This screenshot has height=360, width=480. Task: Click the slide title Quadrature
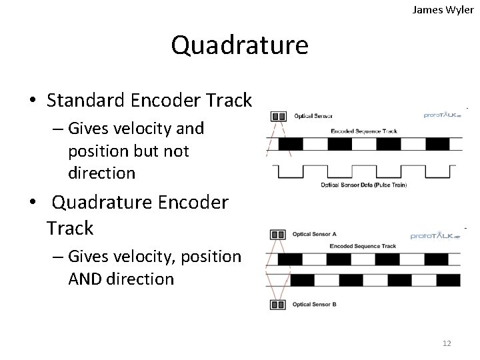(x=239, y=45)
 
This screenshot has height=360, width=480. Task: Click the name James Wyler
(x=443, y=9)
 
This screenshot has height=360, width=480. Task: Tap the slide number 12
(x=447, y=343)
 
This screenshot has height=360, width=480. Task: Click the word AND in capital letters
(x=87, y=279)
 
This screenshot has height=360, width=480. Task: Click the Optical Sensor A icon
(x=277, y=234)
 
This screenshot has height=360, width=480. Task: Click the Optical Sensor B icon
(x=277, y=306)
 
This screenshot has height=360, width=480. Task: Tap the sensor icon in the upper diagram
(x=277, y=116)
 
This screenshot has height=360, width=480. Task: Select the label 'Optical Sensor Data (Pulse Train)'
(x=364, y=185)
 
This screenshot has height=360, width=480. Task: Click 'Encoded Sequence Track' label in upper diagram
(x=364, y=131)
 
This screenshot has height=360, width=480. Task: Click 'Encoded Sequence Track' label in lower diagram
(x=363, y=247)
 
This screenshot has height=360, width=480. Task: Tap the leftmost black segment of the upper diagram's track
(x=291, y=143)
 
